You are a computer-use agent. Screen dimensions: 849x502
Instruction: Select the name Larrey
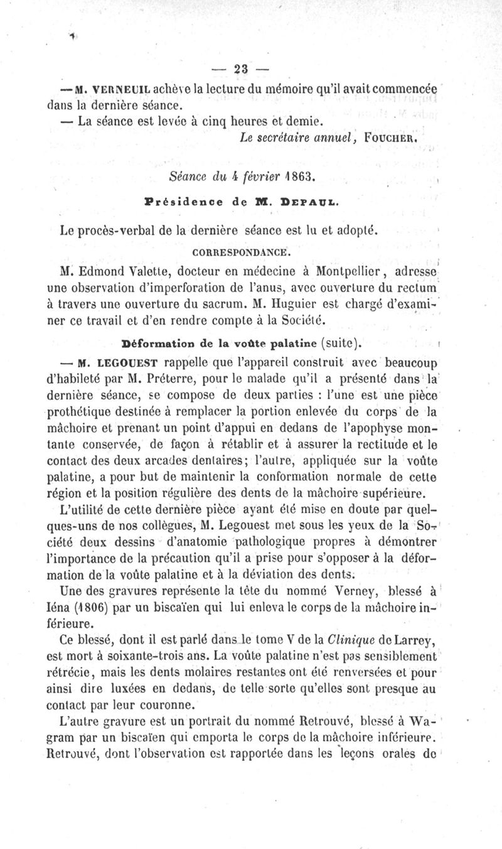pos(418,642)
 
